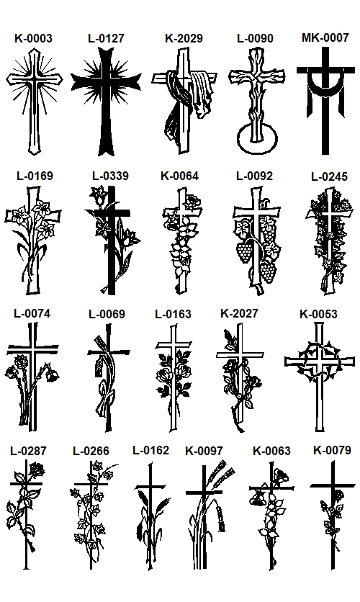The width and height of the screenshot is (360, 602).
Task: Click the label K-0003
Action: [x=33, y=38]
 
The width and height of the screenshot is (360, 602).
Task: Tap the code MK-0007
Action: [x=325, y=37]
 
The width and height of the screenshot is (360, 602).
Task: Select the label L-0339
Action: [x=110, y=176]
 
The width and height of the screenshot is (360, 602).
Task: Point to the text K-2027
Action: [x=239, y=313]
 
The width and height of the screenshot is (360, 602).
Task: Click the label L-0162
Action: [x=150, y=450]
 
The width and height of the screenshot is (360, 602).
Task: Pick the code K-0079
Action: [x=332, y=450]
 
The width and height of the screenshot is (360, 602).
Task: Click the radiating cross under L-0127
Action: [x=106, y=101]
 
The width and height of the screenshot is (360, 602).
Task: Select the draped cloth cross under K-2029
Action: [x=184, y=101]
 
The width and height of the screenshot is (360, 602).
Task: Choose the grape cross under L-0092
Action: [x=256, y=241]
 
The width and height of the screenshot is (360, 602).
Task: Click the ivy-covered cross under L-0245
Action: [x=330, y=241]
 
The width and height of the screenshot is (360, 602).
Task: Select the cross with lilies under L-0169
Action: [x=33, y=241]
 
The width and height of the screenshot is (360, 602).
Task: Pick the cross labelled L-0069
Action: [x=108, y=378]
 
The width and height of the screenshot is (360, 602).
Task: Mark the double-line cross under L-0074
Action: [x=33, y=376]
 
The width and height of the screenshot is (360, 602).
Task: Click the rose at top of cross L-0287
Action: [x=37, y=470]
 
